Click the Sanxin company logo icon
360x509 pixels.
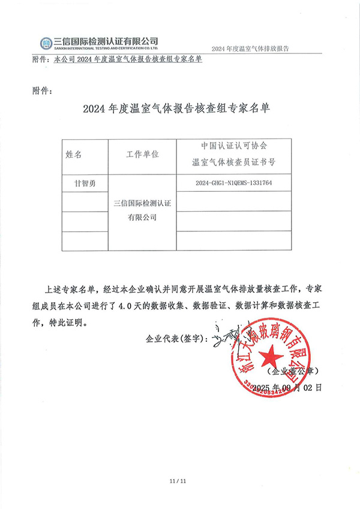(47, 43)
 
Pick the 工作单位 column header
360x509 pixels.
(142, 155)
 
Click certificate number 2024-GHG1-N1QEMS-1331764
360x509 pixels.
(235, 183)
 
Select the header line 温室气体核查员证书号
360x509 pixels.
(235, 162)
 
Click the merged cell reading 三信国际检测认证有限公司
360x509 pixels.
(142, 210)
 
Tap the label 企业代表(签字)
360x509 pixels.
(175, 339)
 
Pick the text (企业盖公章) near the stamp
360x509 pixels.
(302, 371)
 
